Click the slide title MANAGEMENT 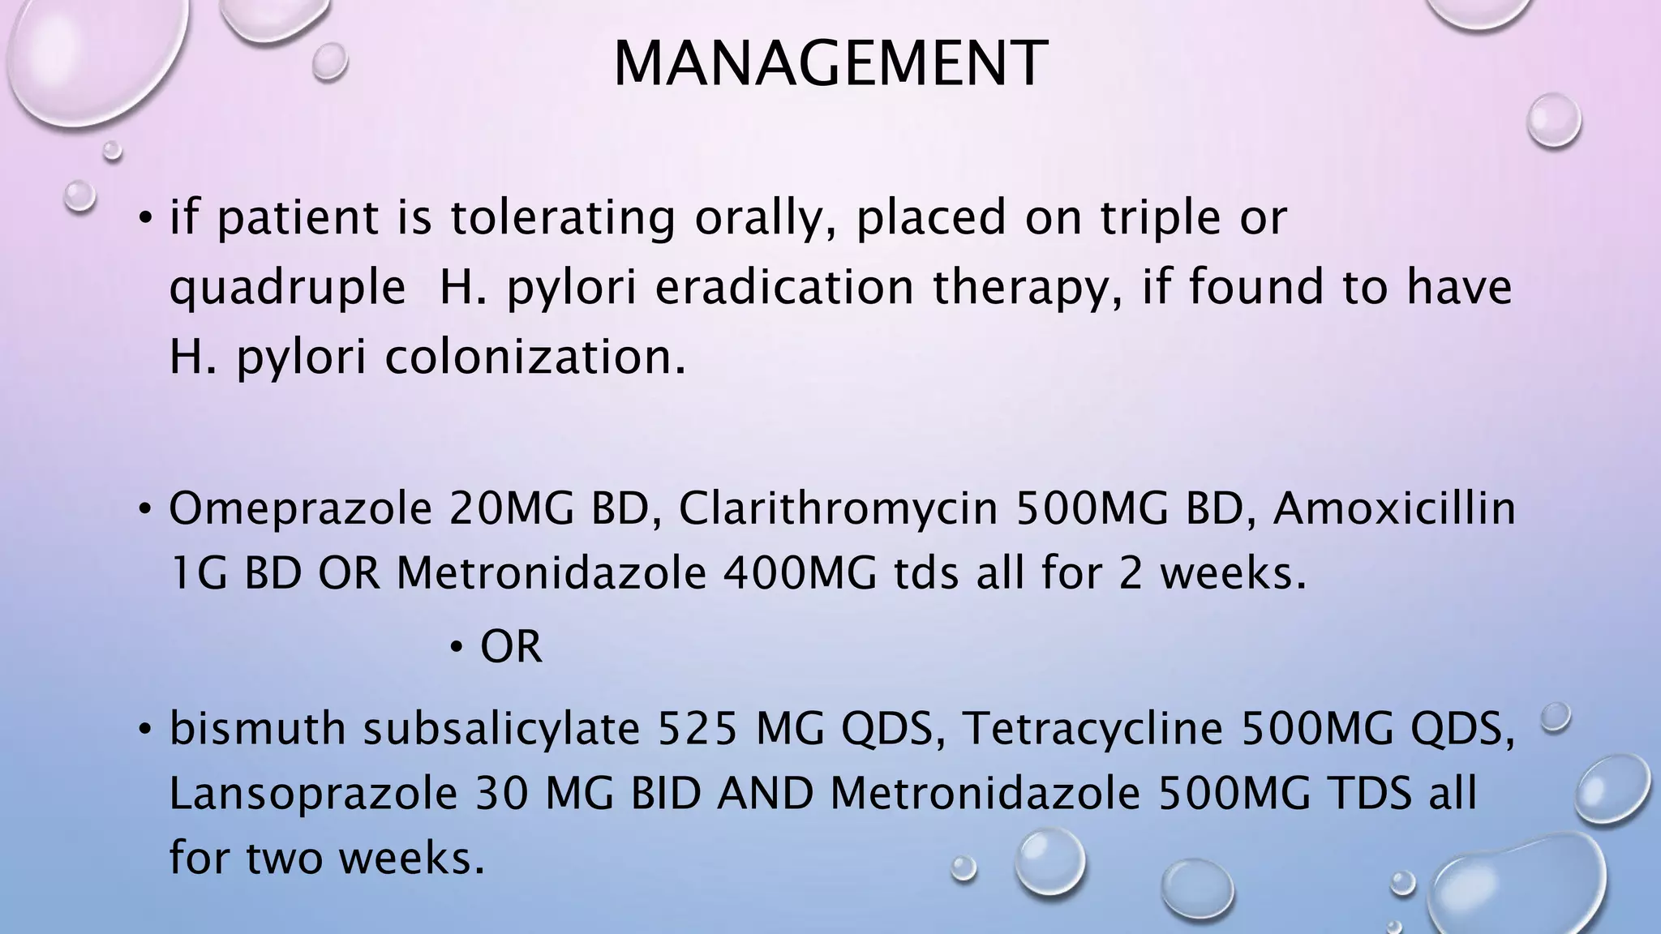point(830,63)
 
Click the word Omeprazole point(300,509)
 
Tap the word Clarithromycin point(838,509)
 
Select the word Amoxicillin point(1394,509)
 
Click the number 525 point(697,728)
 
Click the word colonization point(535,357)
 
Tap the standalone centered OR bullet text point(511,647)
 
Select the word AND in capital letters point(766,794)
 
